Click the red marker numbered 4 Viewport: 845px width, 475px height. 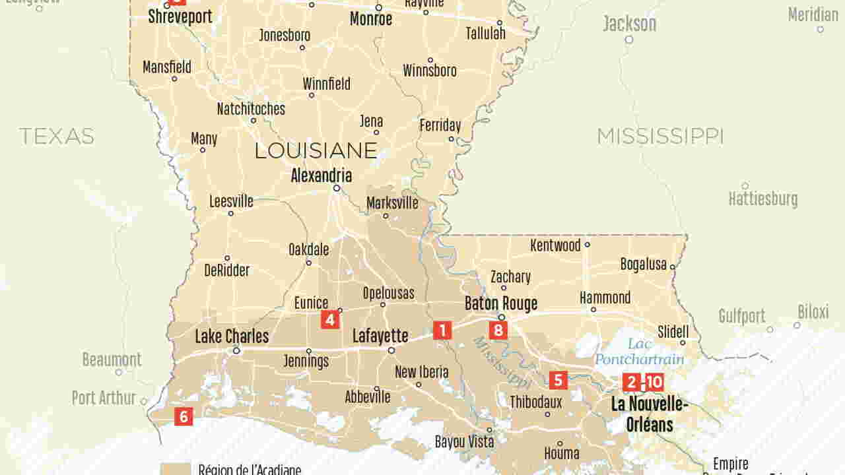point(330,320)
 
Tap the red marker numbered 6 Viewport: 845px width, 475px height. point(184,416)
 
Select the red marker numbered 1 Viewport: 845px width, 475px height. point(442,331)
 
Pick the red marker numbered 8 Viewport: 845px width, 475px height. point(498,330)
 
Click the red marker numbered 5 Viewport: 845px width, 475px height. point(558,380)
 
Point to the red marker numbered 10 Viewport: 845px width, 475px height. point(654,382)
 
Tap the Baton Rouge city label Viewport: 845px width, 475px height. point(501,303)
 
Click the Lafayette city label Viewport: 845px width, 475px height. point(380,336)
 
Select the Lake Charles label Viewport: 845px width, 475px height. point(232,336)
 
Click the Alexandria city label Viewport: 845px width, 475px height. point(321,175)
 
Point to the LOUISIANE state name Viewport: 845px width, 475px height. point(316,151)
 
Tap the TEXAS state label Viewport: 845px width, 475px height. point(57,137)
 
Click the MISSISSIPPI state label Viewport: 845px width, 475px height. point(660,137)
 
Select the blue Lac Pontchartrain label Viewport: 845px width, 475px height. point(639,352)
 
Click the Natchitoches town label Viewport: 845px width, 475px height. point(251,109)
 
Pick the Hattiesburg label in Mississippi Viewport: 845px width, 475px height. point(762,199)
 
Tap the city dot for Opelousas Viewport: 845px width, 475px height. point(384,305)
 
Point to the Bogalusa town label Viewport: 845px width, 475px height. point(644,265)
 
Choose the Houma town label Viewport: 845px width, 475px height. point(562,453)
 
